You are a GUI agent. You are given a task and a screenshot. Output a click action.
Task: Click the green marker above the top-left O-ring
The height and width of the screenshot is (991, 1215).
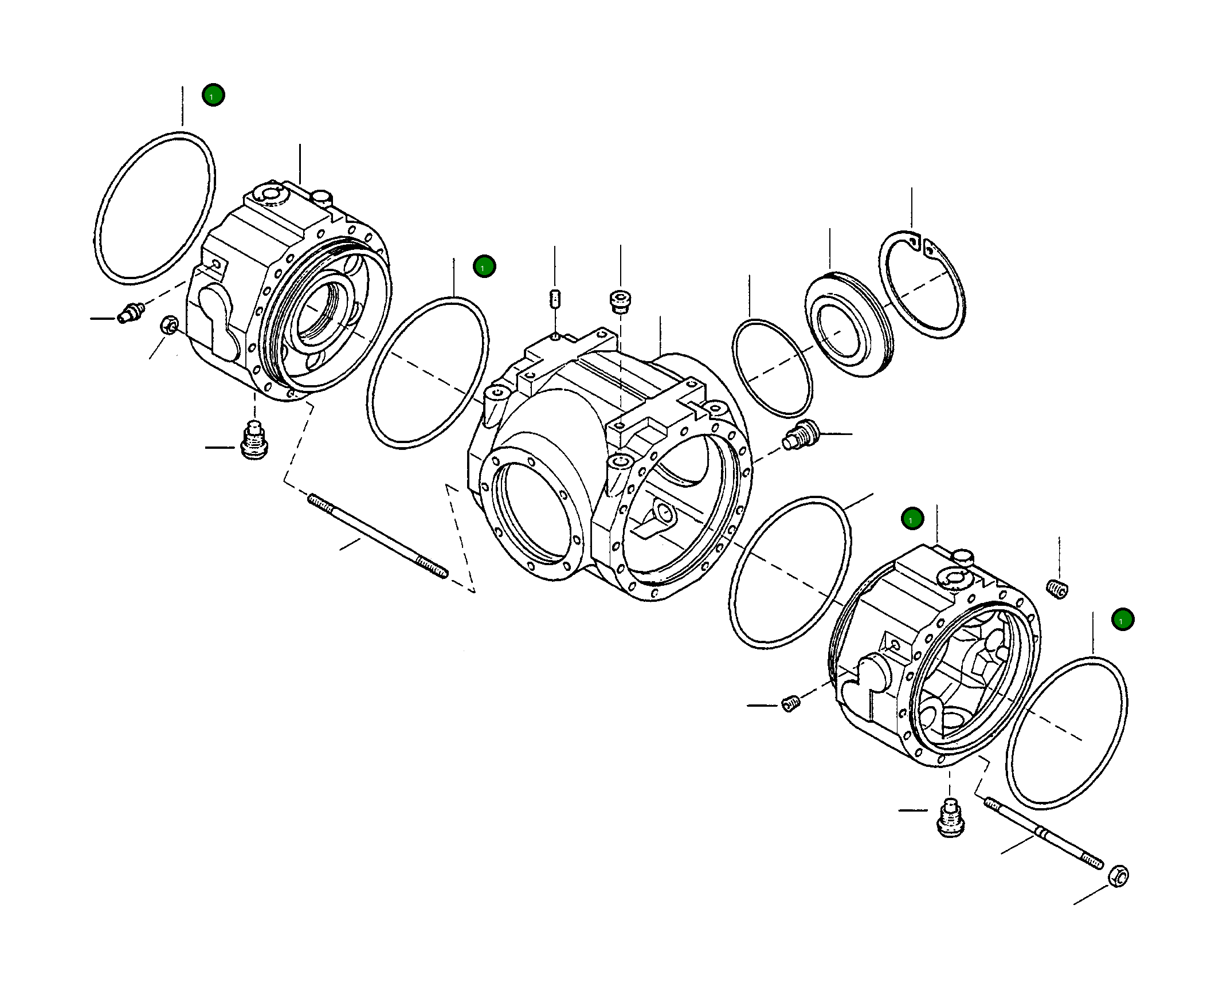coord(213,95)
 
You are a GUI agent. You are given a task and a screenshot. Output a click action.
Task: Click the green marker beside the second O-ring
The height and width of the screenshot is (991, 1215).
coord(484,267)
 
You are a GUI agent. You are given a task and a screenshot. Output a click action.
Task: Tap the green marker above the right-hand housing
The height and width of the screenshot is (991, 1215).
coord(912,519)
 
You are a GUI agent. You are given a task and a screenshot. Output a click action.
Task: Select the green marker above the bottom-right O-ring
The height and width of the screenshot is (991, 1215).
coord(1122,620)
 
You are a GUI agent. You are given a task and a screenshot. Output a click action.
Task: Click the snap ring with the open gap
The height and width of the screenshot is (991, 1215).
coord(923,285)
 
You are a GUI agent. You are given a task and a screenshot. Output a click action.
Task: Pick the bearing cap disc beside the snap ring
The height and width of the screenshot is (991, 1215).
coord(848,324)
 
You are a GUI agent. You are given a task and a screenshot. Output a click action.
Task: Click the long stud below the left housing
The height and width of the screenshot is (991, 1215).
coord(378,535)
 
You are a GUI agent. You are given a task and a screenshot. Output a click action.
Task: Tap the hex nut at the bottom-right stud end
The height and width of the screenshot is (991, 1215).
coord(1119,876)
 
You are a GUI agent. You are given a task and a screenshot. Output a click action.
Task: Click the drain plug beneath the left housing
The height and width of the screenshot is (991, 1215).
coord(254,441)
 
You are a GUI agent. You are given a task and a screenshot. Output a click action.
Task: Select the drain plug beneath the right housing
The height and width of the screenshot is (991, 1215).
coord(951,818)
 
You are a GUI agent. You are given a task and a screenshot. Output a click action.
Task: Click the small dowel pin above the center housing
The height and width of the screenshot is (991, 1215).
coord(554,299)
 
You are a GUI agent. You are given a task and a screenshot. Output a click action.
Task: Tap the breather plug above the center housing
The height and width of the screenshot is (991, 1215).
coord(620,301)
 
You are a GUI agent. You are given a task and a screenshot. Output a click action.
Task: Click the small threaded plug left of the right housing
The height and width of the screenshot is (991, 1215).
coord(791,703)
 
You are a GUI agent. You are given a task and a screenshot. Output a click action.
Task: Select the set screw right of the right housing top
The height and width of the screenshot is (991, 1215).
coord(1057,589)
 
